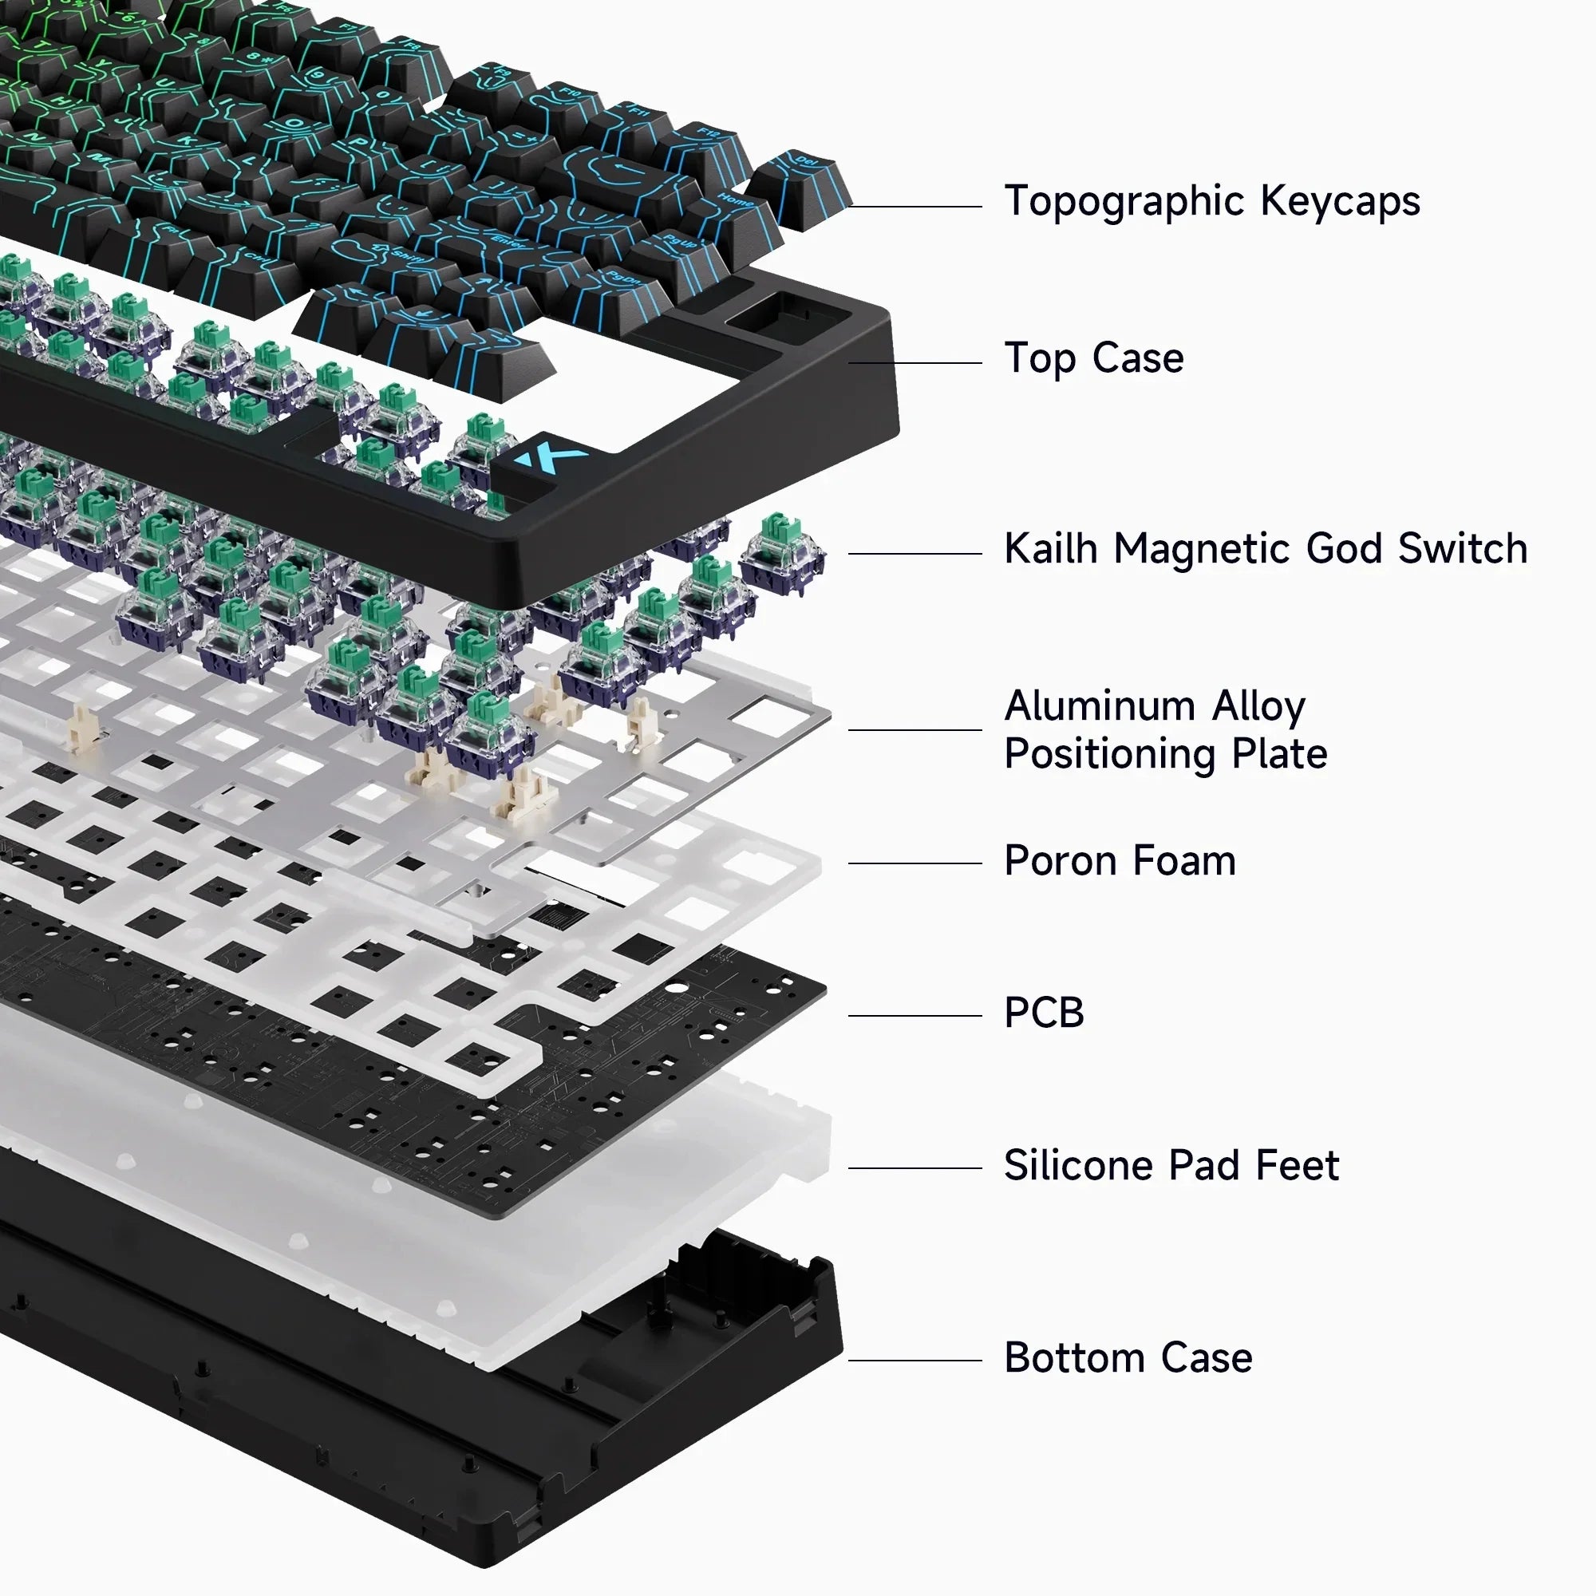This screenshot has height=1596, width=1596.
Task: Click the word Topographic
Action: [x=1123, y=203]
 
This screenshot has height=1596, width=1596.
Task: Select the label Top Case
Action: [x=1093, y=358]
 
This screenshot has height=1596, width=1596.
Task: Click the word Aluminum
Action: [x=1099, y=707]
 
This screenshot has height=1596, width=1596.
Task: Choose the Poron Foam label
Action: [x=1120, y=862]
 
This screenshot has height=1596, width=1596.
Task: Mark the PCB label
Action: [x=1043, y=1013]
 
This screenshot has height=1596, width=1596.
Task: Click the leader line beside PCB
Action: [x=915, y=1016]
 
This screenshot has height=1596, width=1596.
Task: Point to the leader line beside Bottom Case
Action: [x=915, y=1361]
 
